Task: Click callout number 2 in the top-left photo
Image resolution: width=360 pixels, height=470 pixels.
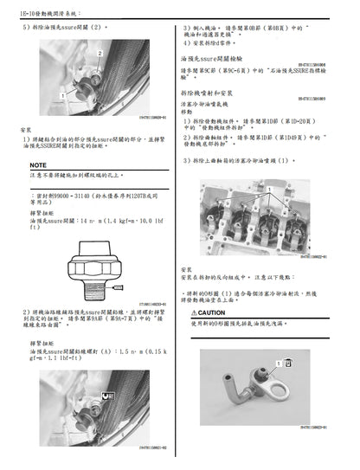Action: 100,54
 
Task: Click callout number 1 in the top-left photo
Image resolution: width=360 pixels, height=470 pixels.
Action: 61,90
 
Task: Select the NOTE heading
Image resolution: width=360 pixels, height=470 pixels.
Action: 38,164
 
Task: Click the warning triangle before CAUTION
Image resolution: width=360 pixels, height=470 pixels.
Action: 191,312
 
